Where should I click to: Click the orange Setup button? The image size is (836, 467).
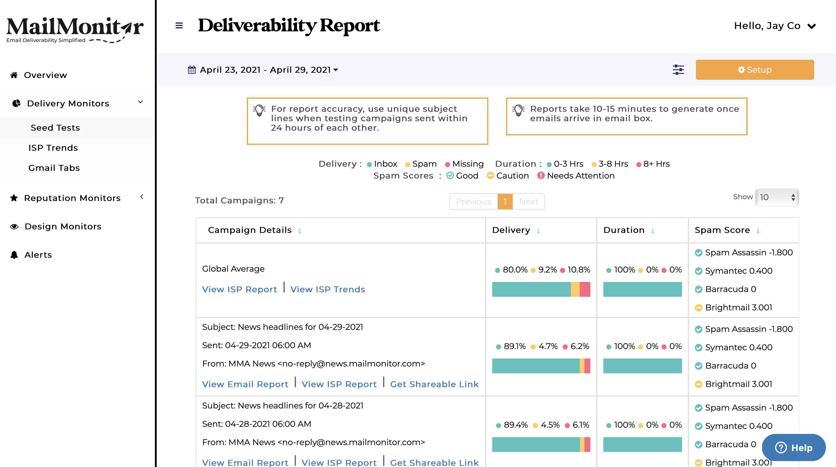click(754, 70)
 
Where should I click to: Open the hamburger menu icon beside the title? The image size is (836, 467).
click(179, 25)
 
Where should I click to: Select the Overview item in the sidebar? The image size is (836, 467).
click(45, 75)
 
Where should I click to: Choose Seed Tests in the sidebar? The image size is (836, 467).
click(55, 128)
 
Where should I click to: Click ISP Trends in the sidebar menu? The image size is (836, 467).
click(53, 148)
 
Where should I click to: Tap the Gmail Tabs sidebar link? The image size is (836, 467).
click(54, 168)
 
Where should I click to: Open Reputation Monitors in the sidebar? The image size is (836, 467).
click(72, 198)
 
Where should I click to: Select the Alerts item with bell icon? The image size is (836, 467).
click(38, 255)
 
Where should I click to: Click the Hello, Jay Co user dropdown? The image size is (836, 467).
click(774, 26)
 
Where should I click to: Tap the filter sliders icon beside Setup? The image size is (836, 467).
click(678, 70)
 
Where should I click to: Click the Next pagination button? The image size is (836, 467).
click(528, 202)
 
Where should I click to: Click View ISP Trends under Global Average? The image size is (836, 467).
click(328, 289)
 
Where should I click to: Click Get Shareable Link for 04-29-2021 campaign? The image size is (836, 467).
click(434, 384)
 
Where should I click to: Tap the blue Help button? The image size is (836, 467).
click(793, 447)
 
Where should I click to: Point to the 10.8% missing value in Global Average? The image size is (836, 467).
click(579, 270)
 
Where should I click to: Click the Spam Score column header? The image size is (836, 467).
click(722, 230)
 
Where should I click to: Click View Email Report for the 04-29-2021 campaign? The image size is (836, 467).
click(245, 384)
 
